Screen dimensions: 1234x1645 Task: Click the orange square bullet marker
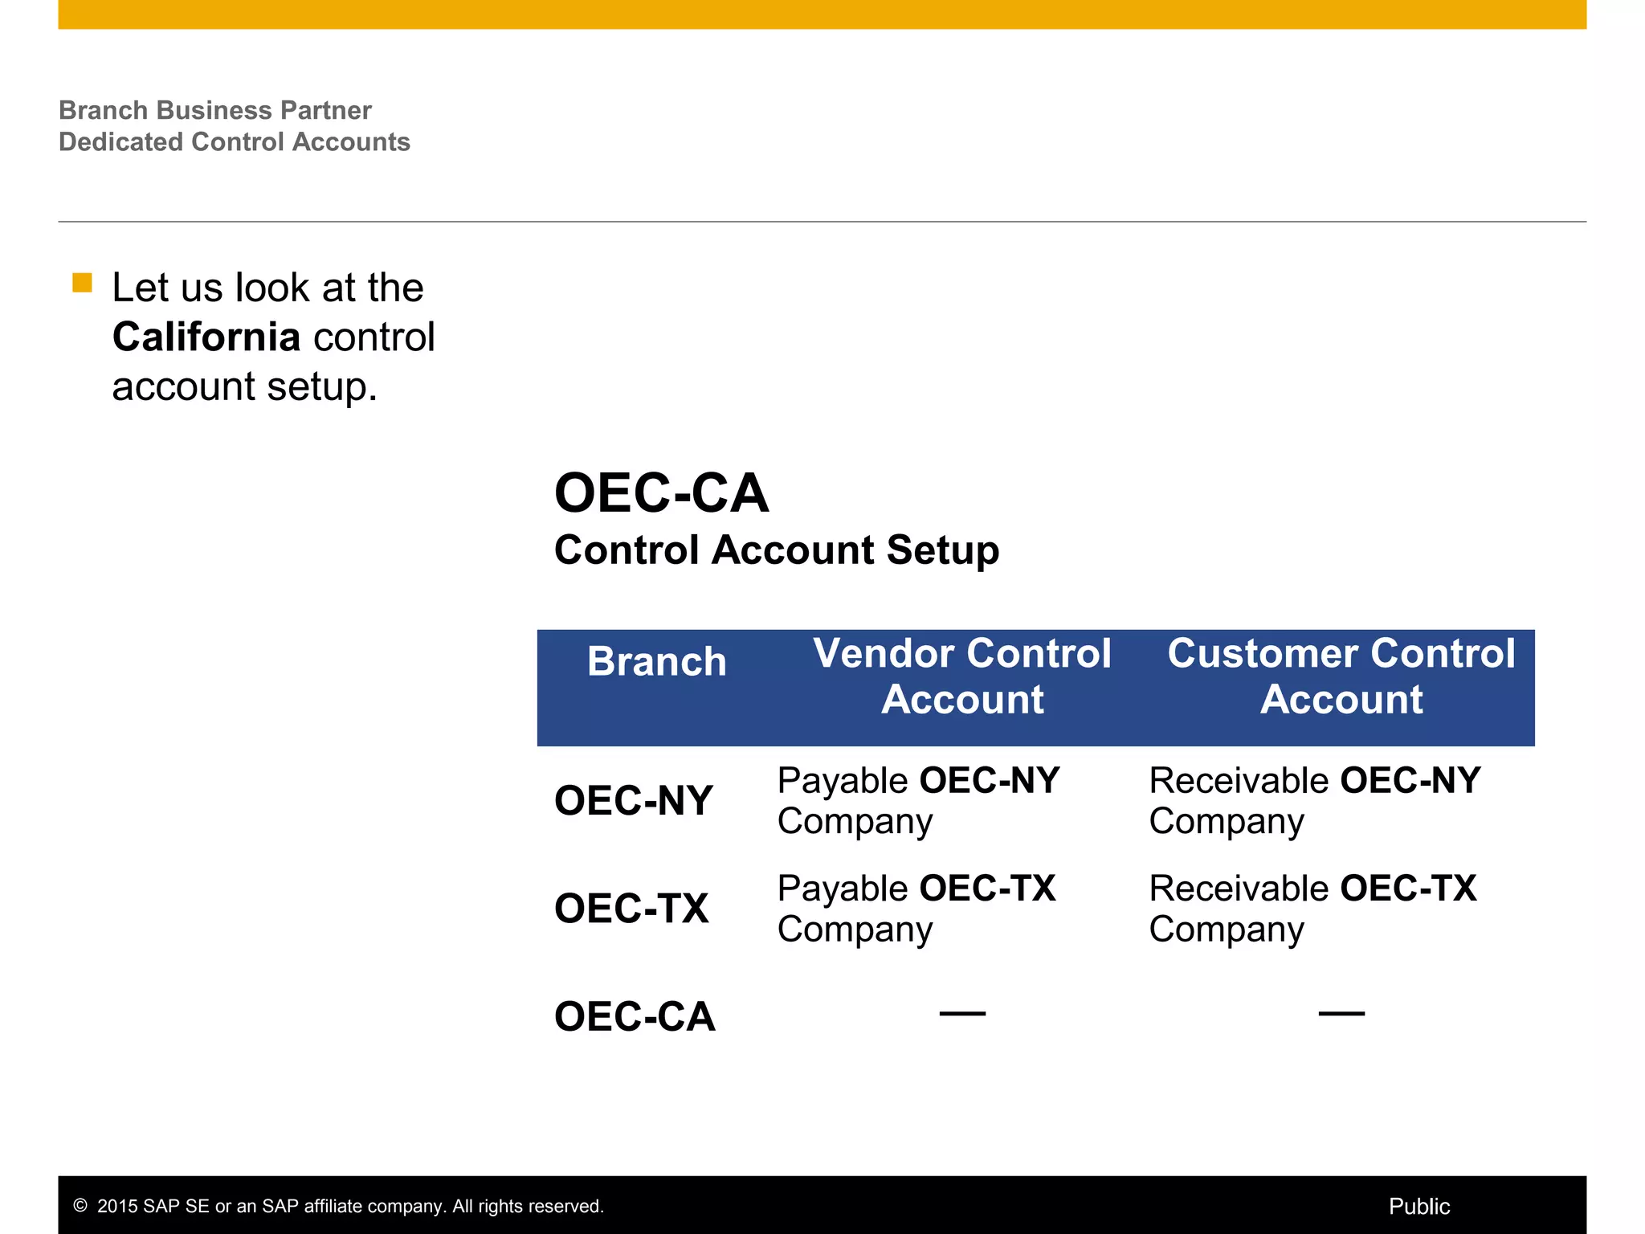[82, 283]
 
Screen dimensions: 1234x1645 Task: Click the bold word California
[206, 337]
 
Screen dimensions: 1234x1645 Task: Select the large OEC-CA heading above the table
[661, 492]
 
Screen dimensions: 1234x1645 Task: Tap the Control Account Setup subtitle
[776, 550]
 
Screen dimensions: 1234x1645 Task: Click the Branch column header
[656, 662]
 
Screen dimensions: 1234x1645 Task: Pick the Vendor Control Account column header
[961, 676]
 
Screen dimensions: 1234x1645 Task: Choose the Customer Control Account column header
[1341, 676]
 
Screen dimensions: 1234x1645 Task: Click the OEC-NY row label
[633, 801]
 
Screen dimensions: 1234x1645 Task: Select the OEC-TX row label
[631, 909]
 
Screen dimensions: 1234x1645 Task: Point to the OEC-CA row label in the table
[635, 1016]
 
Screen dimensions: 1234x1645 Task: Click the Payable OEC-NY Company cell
[917, 800]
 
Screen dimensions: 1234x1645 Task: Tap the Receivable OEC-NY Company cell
[1313, 800]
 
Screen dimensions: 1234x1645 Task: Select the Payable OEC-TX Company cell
[916, 908]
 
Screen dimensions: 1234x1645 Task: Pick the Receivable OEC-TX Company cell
[1312, 908]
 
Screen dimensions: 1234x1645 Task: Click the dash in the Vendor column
[962, 1014]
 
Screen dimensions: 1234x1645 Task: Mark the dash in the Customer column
[1341, 1014]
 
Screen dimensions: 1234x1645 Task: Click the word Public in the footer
[1418, 1206]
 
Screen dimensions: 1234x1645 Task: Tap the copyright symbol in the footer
[80, 1205]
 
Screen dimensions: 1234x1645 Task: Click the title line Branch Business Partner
[214, 110]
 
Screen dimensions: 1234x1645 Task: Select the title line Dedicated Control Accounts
[234, 141]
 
